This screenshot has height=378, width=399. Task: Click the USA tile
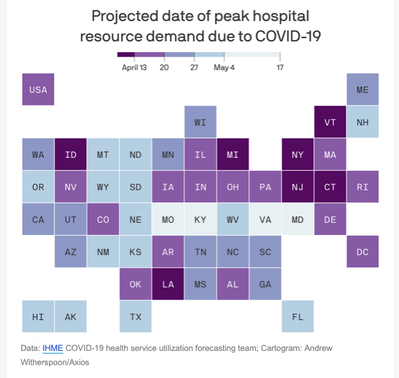pyautogui.click(x=39, y=90)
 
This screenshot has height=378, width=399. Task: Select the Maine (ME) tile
pyautogui.click(x=362, y=90)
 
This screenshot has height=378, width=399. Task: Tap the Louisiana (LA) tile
pyautogui.click(x=168, y=284)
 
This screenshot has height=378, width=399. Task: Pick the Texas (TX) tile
pyautogui.click(x=135, y=316)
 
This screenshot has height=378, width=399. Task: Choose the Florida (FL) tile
pyautogui.click(x=298, y=316)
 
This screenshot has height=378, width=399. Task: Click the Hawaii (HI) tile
pyautogui.click(x=39, y=316)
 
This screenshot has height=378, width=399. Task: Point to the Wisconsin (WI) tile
pyautogui.click(x=200, y=122)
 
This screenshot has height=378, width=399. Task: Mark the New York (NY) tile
pyautogui.click(x=298, y=155)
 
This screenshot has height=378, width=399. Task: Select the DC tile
pyautogui.click(x=362, y=252)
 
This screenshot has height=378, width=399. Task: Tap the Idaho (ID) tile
pyautogui.click(x=71, y=155)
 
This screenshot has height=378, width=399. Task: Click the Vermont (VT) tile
pyautogui.click(x=330, y=122)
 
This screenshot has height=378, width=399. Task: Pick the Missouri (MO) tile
pyautogui.click(x=168, y=220)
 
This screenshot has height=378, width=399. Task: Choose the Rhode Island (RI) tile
pyautogui.click(x=362, y=187)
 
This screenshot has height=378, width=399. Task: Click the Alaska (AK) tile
pyautogui.click(x=71, y=316)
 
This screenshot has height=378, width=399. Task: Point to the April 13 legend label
pyautogui.click(x=134, y=67)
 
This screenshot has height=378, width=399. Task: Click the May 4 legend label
pyautogui.click(x=224, y=67)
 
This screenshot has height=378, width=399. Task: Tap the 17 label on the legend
pyautogui.click(x=280, y=67)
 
